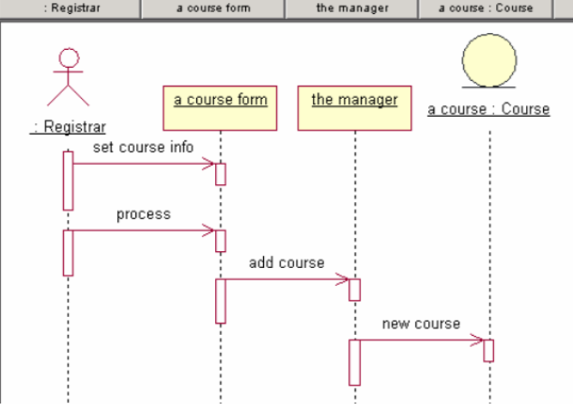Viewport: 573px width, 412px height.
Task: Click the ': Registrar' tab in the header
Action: pos(70,8)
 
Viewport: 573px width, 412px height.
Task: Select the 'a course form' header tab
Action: pos(212,8)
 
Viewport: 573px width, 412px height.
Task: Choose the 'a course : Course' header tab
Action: pos(488,8)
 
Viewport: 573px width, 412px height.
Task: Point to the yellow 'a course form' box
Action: pos(221,107)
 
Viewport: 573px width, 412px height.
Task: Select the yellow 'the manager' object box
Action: pos(354,107)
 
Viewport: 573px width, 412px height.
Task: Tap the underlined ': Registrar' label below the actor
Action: pos(68,127)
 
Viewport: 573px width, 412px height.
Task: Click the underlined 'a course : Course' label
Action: pos(488,109)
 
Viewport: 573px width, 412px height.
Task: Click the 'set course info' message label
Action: pos(143,148)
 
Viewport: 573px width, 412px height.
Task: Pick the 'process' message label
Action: pos(143,214)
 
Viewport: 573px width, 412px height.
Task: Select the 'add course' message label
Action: pos(286,262)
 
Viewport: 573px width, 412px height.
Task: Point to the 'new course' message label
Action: pos(421,325)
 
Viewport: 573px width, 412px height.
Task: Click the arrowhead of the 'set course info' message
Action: pos(210,165)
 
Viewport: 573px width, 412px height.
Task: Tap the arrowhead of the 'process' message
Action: pos(210,230)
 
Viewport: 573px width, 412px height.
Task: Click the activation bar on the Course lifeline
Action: pos(488,350)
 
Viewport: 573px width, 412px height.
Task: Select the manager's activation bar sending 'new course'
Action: pos(354,362)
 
